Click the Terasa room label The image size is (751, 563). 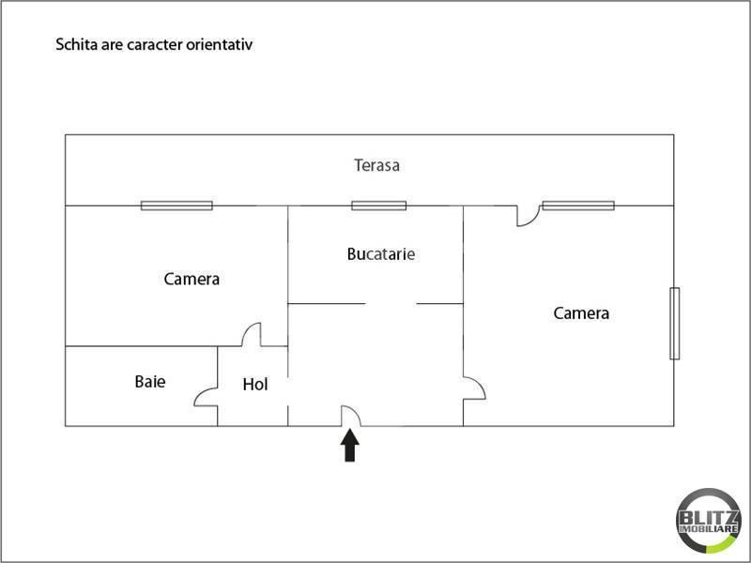click(377, 165)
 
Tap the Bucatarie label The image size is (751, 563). click(381, 253)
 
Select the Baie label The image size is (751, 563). click(150, 382)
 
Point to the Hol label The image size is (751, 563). click(254, 384)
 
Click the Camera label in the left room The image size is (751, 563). click(192, 279)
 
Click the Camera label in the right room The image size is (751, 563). click(581, 313)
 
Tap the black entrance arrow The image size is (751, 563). click(349, 445)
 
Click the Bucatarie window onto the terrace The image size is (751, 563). click(379, 205)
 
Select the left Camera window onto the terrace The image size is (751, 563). click(176, 205)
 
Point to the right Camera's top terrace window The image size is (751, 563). click(578, 205)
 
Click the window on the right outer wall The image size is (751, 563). click(674, 323)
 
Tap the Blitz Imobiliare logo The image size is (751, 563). click(708, 521)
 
